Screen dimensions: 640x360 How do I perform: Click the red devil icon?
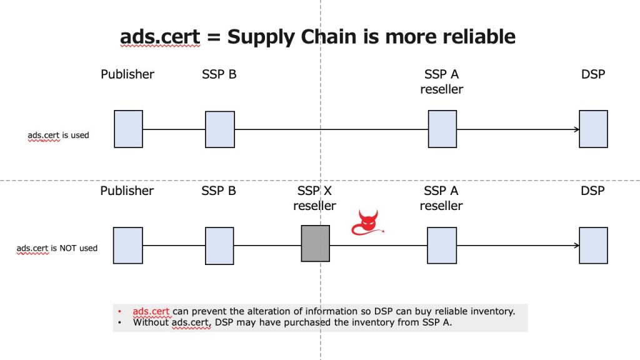[x=367, y=223]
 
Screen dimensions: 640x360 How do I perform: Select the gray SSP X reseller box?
[x=316, y=243]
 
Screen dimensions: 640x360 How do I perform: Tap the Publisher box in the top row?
[x=129, y=129]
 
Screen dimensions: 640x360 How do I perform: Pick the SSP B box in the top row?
[x=220, y=129]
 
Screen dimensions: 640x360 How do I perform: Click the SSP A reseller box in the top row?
[x=442, y=129]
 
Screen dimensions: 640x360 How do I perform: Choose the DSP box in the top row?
[x=594, y=129]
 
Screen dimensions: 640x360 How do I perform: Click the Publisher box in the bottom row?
[x=128, y=245]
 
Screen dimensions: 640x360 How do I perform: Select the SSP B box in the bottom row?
[x=219, y=246]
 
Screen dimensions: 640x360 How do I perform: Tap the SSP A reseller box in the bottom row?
[x=442, y=245]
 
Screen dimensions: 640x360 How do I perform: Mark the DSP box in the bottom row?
[x=594, y=245]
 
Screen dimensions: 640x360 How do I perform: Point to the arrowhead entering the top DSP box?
[x=577, y=129]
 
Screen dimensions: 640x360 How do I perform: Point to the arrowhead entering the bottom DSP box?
[x=577, y=245]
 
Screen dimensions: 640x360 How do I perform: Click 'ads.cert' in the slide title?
[x=160, y=37]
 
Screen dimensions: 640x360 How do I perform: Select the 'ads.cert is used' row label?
[x=58, y=135]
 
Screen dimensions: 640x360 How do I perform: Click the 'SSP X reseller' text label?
[x=314, y=198]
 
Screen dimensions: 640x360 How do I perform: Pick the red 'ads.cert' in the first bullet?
[x=151, y=311]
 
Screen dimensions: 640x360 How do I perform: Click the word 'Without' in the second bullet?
[x=151, y=322]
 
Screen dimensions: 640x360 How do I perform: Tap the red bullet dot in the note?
[x=119, y=311]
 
